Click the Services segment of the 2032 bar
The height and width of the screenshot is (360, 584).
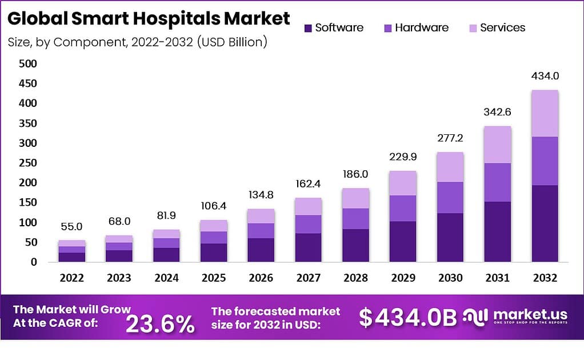(x=545, y=113)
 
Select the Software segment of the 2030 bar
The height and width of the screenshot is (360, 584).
(x=450, y=237)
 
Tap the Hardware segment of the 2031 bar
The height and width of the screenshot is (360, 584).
(x=497, y=182)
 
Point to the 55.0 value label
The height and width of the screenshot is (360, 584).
(x=71, y=227)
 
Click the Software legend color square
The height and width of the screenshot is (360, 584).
(x=308, y=28)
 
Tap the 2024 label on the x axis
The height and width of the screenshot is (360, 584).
(x=166, y=278)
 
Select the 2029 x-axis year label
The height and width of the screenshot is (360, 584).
(x=402, y=278)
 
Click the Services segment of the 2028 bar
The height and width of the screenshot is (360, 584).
(x=355, y=198)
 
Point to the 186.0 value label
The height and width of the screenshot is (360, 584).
(x=355, y=174)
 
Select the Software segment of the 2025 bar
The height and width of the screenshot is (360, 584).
(x=213, y=253)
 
